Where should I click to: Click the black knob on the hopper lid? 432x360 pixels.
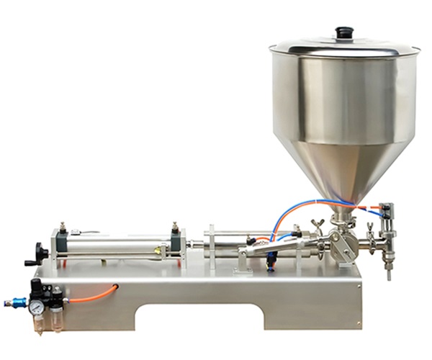pyautogui.click(x=343, y=32)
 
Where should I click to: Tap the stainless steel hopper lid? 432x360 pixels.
pyautogui.click(x=344, y=48)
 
